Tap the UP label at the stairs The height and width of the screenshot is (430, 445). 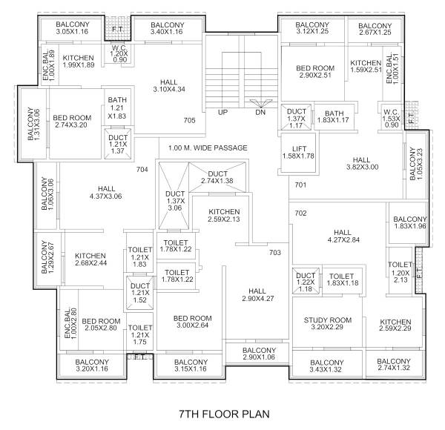222,113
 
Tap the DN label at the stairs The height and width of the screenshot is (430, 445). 260,113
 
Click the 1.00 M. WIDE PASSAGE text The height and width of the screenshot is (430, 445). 208,148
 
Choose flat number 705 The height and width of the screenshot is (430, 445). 189,119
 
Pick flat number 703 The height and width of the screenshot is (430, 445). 275,253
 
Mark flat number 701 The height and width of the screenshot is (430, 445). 300,185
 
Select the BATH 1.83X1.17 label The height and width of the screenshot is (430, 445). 334,116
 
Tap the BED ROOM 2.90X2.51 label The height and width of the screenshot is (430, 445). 315,72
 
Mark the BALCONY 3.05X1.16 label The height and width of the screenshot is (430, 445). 73,28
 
